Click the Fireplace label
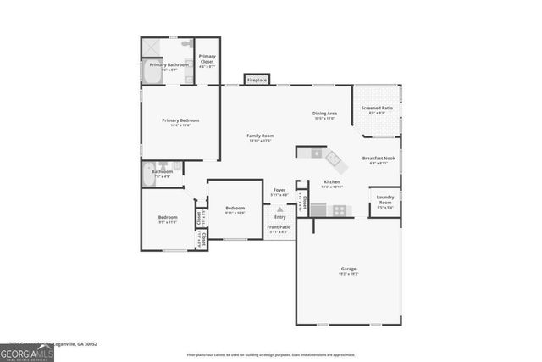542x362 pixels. (x=257, y=81)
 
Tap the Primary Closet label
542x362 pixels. (x=207, y=58)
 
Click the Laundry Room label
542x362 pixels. (x=384, y=201)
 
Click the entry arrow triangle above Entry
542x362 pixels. (x=279, y=208)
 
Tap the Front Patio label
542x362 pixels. (x=279, y=226)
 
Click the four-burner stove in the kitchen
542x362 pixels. (x=338, y=210)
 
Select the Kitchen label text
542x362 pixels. (x=331, y=182)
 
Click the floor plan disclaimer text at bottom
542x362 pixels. (x=270, y=354)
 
